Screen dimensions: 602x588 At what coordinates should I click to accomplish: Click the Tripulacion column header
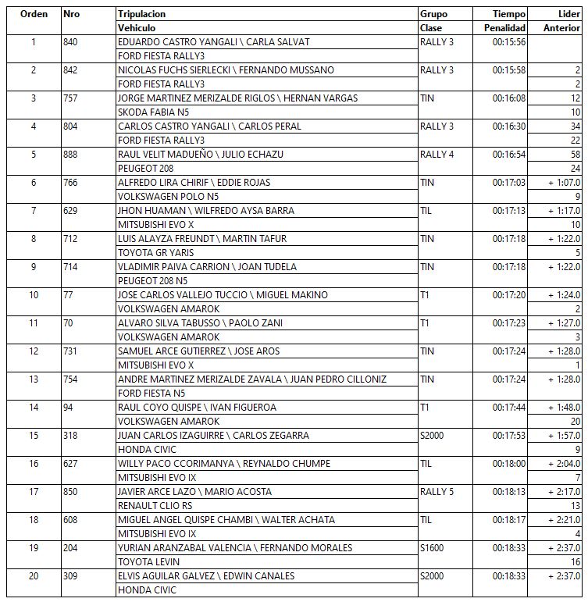pos(141,14)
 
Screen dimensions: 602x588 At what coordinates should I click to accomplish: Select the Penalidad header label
pos(506,27)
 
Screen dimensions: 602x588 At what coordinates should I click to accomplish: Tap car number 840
pos(73,41)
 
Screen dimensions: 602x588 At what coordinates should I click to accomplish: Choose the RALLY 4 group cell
pos(437,154)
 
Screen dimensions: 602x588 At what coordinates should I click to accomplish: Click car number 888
pos(73,154)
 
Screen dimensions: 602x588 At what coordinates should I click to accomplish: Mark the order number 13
pos(34,379)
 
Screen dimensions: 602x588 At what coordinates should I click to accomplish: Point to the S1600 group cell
pos(432,547)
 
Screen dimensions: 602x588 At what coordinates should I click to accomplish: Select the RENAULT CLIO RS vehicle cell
pos(155,505)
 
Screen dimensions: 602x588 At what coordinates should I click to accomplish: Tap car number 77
pos(69,294)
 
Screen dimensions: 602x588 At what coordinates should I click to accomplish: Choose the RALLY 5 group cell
pos(437,491)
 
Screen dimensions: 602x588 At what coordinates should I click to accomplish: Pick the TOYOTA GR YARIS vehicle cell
pos(155,252)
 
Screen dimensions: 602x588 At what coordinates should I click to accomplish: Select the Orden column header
pos(34,14)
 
